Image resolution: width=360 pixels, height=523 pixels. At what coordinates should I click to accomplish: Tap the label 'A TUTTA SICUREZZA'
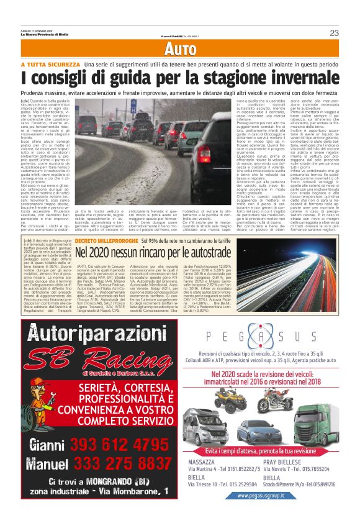click(49, 65)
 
